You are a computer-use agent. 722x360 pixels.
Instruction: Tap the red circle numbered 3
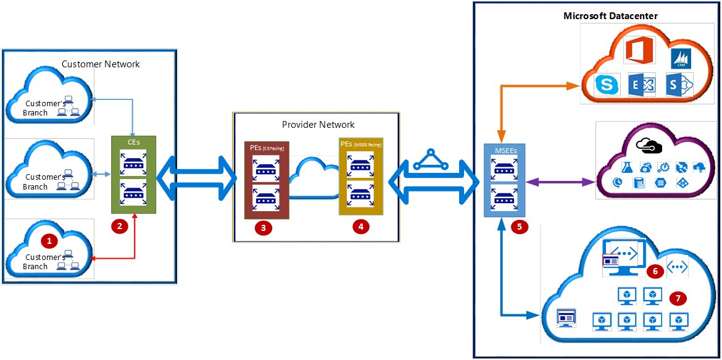[263, 227]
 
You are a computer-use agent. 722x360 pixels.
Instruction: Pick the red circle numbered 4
[360, 227]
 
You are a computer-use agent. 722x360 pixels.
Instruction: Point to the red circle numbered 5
[519, 227]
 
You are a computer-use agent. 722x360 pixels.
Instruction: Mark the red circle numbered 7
[678, 298]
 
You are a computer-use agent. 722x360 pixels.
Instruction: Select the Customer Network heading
[101, 64]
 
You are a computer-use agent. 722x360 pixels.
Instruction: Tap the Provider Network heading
[318, 124]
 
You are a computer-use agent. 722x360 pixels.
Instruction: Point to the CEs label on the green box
[133, 142]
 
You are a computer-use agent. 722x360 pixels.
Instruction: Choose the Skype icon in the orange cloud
[607, 86]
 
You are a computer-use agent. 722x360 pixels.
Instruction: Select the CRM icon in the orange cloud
[681, 59]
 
